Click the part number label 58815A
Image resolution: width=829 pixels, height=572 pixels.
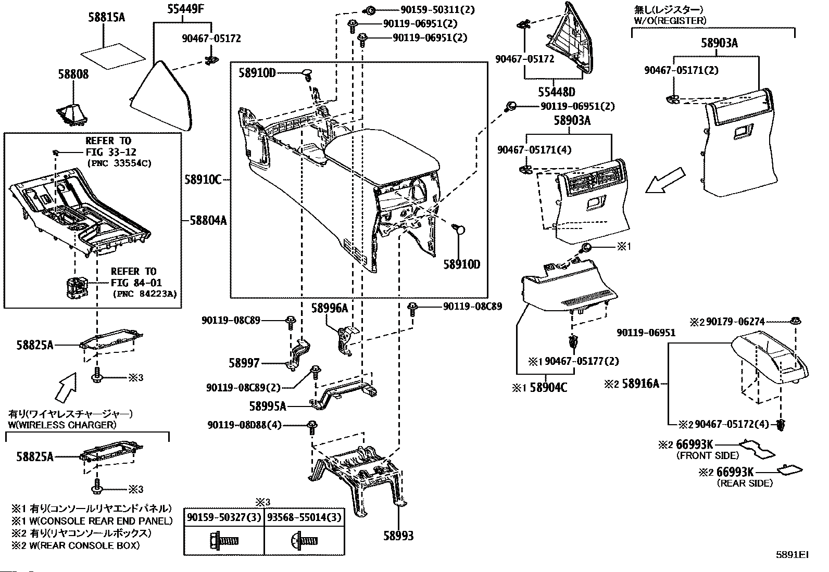(106, 18)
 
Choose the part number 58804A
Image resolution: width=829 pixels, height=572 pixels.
(208, 221)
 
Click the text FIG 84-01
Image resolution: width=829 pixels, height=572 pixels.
(136, 283)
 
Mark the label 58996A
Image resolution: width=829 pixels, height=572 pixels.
(329, 308)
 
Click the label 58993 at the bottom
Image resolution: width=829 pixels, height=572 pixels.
(398, 536)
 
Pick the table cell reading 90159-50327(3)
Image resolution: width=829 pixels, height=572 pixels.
(224, 517)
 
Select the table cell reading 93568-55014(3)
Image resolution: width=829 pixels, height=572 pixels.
(305, 517)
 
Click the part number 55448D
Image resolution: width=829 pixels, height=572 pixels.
(557, 92)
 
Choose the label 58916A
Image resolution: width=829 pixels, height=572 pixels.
(640, 384)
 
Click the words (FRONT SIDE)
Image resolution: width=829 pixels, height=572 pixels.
(707, 456)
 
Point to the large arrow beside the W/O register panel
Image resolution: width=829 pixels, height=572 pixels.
(664, 180)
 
